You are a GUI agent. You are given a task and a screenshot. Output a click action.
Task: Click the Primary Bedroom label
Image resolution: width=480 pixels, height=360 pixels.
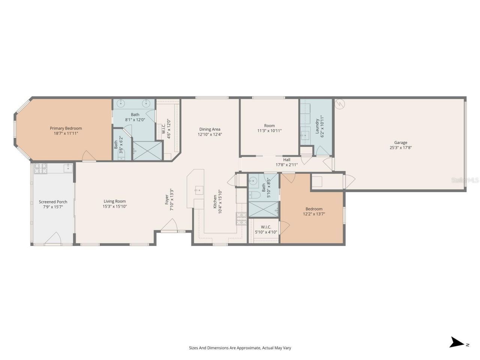66,128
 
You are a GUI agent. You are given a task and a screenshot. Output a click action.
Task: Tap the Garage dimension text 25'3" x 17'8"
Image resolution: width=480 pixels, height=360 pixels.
400,148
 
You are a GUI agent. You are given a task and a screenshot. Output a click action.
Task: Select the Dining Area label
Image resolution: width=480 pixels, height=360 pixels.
210,129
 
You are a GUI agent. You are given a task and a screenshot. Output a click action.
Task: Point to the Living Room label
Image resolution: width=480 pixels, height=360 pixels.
115,201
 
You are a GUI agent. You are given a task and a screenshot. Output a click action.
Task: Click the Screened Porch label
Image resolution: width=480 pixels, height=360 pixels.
53,202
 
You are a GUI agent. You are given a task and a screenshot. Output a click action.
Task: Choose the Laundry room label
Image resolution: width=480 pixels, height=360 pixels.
317,126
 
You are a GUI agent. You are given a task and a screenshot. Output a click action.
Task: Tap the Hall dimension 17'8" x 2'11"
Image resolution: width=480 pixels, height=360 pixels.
286,165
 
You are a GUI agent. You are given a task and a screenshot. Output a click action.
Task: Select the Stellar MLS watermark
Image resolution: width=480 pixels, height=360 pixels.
465,180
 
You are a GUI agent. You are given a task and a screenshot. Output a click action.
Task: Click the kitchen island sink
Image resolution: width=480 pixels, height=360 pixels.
199,190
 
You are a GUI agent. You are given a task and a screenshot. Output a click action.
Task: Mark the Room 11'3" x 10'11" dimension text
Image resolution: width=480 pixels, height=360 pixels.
269,131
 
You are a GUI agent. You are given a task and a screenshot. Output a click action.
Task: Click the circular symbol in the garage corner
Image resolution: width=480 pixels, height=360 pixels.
340,103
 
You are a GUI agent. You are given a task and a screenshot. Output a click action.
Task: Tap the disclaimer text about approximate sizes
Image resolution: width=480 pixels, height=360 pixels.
240,348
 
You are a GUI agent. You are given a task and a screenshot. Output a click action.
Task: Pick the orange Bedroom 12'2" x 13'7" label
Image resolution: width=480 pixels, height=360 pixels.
313,209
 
